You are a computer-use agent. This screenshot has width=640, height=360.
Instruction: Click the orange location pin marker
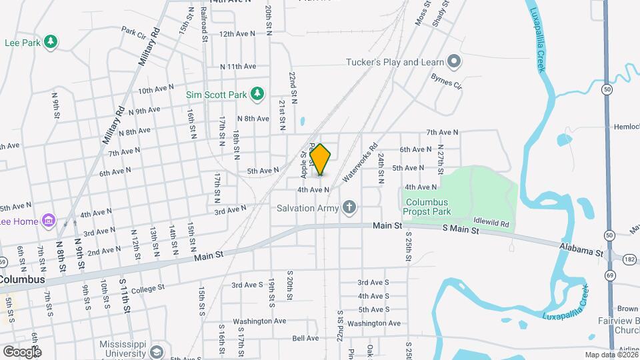click(x=321, y=159)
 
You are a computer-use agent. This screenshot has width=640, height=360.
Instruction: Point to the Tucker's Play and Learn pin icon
click(x=455, y=63)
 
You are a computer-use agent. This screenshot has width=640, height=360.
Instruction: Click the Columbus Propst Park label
click(x=427, y=207)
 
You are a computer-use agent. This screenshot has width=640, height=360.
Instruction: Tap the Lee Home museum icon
click(x=47, y=221)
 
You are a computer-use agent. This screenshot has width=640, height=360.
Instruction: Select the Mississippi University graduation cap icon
click(x=156, y=351)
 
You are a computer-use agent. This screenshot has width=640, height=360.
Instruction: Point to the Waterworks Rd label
click(x=360, y=163)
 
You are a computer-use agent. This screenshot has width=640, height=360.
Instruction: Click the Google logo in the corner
click(x=22, y=351)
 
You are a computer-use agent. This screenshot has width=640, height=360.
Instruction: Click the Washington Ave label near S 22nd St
click(x=374, y=323)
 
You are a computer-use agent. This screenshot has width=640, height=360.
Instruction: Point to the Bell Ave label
click(x=305, y=338)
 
